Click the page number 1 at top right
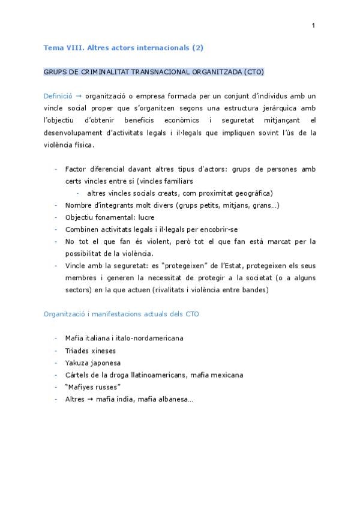coord(313,25)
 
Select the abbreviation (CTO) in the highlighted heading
coord(254,71)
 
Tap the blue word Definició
coord(58,96)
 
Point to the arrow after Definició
coord(79,96)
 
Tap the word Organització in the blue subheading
coord(66,314)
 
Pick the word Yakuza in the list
coord(77,363)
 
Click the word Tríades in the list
coord(78,351)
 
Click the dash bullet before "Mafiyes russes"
coord(56,387)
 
